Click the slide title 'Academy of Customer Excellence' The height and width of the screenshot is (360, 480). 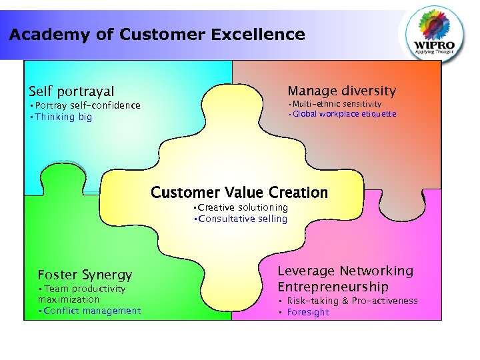[x=157, y=35]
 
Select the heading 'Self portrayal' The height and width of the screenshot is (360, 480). [x=71, y=91]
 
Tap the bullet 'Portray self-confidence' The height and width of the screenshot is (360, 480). [x=85, y=105]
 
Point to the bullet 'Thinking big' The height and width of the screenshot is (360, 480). [x=61, y=117]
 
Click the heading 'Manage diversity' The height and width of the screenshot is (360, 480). [x=341, y=91]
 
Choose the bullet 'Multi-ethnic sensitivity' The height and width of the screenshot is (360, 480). [x=335, y=104]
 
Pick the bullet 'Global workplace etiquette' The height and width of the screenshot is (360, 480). [x=342, y=114]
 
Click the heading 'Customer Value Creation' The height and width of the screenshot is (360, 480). [x=239, y=193]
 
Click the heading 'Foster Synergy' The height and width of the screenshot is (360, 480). [x=85, y=275]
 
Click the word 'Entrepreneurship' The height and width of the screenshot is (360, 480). [x=333, y=287]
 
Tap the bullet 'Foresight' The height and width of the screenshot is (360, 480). [x=307, y=312]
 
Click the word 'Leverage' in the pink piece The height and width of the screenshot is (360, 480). [x=306, y=271]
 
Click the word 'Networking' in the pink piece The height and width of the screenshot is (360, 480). [x=376, y=271]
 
